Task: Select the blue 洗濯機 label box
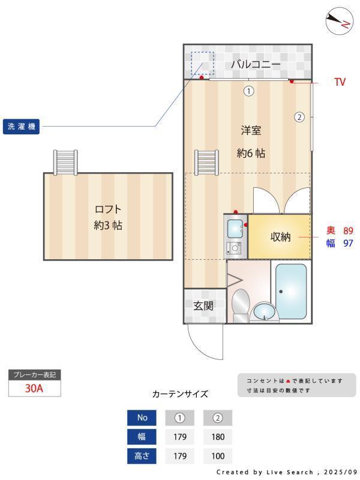[x=22, y=127]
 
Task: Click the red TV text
[x=340, y=82]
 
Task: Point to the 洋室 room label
[x=251, y=130]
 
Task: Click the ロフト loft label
[x=108, y=209]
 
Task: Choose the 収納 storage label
[x=280, y=237]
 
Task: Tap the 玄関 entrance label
[x=203, y=305]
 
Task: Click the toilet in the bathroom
[x=241, y=304]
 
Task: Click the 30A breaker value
[x=34, y=388]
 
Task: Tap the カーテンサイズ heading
[x=180, y=394]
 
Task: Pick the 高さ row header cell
[x=142, y=456]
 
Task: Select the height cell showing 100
[x=218, y=456]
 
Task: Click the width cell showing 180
[x=218, y=437]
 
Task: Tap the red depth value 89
[x=348, y=230]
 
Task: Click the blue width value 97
[x=348, y=243]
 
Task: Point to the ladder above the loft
[x=65, y=161]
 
